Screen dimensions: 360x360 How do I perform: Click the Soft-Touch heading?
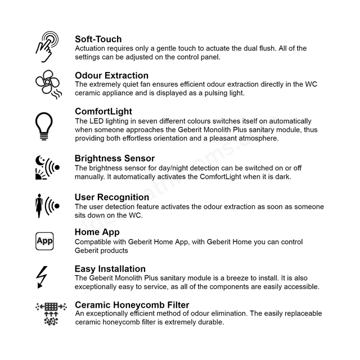tap(98, 39)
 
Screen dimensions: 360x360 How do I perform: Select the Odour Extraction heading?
tap(111, 75)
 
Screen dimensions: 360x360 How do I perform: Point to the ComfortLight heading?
tap(103, 111)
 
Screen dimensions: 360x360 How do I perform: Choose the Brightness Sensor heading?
tap(114, 159)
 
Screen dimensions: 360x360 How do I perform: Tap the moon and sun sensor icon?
tap(46, 167)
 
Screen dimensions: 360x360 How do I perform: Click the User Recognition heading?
tap(111, 197)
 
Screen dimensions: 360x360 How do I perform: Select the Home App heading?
tap(97, 232)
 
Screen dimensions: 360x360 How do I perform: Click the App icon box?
tap(44, 241)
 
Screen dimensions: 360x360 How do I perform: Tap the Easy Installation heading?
tap(110, 269)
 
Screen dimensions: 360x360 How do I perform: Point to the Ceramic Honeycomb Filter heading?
tap(132, 305)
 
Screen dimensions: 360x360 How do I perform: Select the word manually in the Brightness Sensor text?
tap(91, 177)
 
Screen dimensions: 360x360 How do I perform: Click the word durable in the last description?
tap(210, 322)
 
